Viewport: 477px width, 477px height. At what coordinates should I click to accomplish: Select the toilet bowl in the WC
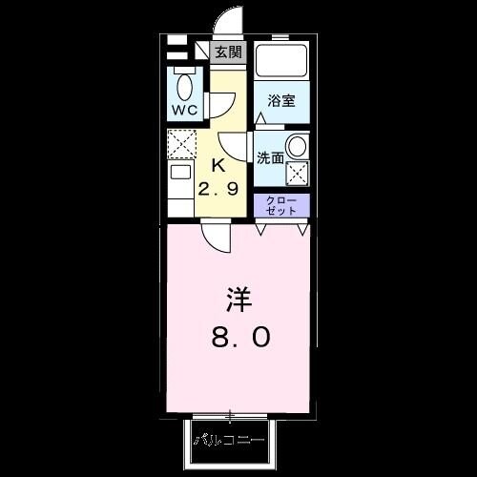coord(185,86)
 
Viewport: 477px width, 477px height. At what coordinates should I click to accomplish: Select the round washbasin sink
coord(297,147)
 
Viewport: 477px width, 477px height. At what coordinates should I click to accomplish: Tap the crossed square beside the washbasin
coord(298,174)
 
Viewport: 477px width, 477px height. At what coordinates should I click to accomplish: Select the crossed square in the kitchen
coord(181,144)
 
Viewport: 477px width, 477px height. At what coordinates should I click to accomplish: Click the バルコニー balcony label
coord(230,441)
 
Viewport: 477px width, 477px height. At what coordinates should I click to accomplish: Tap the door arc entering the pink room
coord(218,238)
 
